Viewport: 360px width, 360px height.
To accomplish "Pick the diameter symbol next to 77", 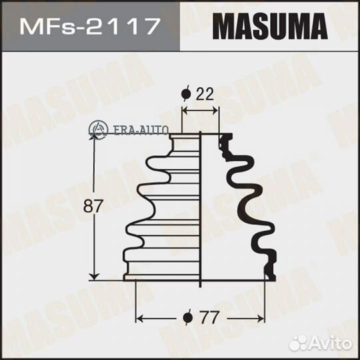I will [188, 317].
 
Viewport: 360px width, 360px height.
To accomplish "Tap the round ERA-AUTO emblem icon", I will [98, 129].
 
